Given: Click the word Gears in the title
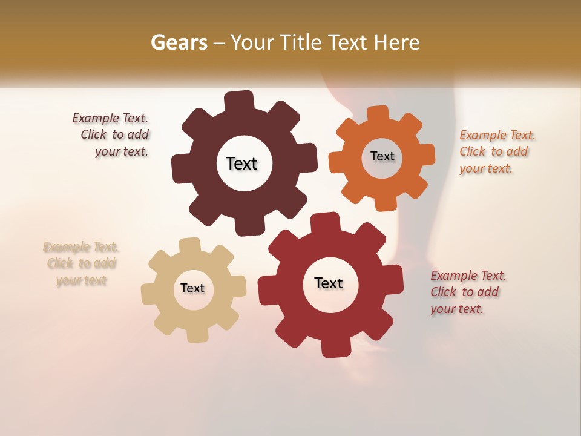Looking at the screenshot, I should click(179, 43).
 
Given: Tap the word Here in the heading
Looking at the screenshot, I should click(396, 43).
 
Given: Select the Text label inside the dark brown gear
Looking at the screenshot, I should click(241, 163).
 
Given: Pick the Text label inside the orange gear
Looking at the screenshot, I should click(382, 156).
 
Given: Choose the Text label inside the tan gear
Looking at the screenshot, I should click(192, 289).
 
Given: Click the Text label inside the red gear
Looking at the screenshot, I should click(329, 283).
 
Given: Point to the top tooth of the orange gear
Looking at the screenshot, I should click(378, 114).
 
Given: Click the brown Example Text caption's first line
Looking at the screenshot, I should click(110, 119).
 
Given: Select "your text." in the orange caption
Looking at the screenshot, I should click(486, 169).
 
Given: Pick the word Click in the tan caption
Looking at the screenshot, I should click(61, 264).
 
